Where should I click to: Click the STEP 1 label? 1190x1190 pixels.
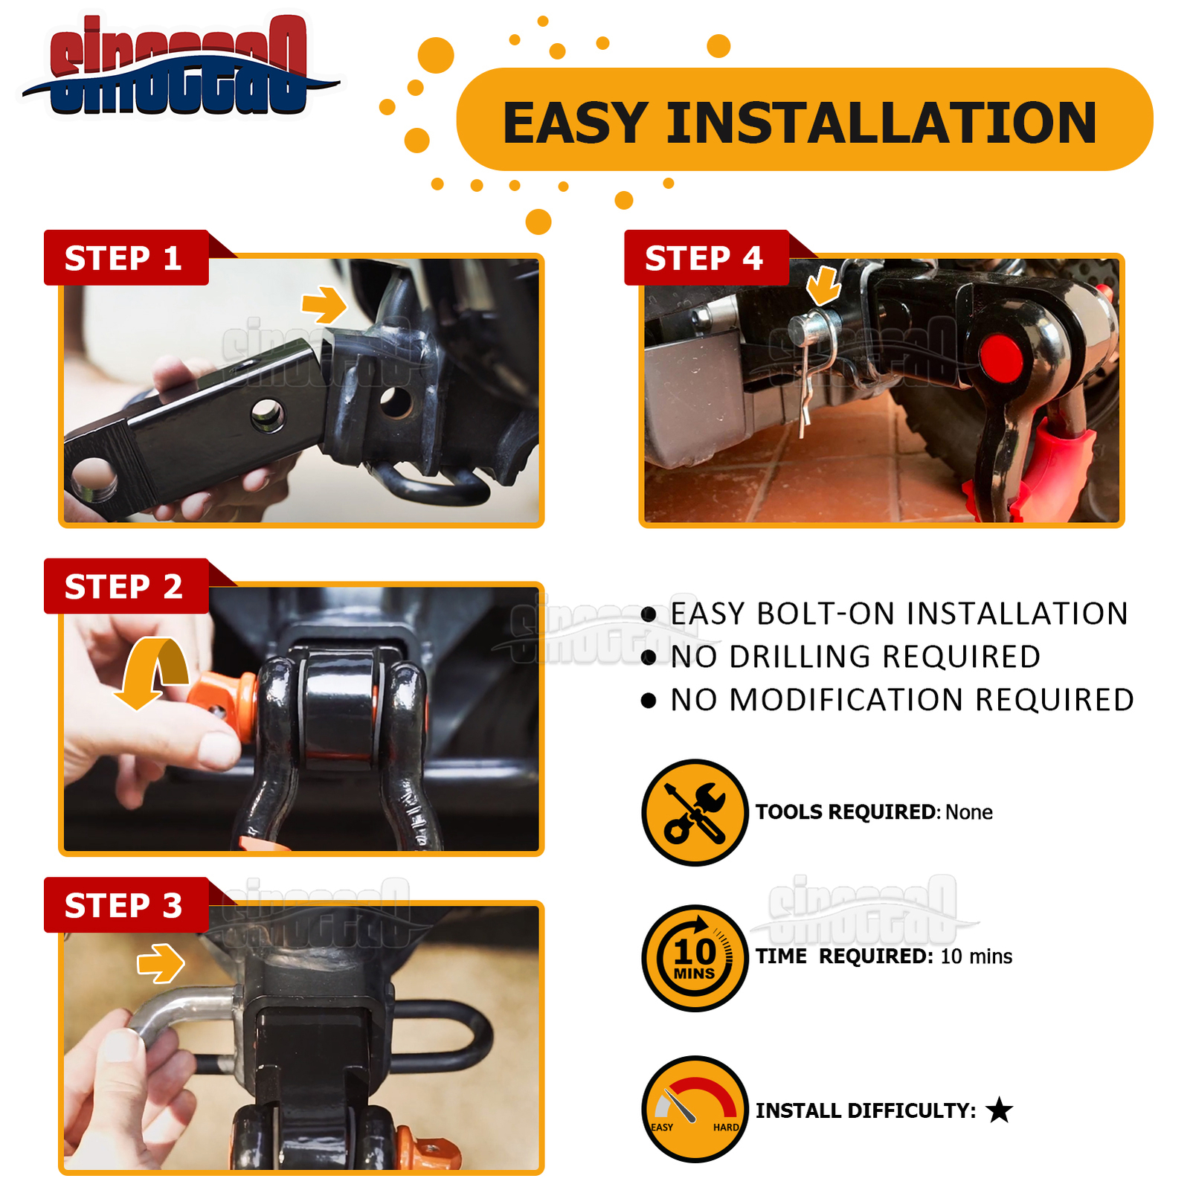click(x=123, y=258)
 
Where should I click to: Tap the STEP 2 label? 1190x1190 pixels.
click(x=123, y=587)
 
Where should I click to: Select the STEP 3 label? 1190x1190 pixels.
click(x=123, y=905)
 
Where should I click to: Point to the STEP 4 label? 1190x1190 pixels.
click(x=704, y=258)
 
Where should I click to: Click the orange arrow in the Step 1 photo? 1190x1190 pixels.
click(x=324, y=304)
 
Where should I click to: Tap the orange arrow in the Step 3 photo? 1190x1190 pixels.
click(x=161, y=963)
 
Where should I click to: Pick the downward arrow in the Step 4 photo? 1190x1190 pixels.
click(x=823, y=286)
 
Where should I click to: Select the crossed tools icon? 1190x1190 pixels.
click(x=695, y=812)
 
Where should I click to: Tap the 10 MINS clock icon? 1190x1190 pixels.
click(x=695, y=958)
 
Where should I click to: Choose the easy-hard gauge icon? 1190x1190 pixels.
click(x=695, y=1109)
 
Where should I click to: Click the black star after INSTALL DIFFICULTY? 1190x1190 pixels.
click(x=999, y=1110)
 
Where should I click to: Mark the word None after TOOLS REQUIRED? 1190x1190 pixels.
click(x=968, y=812)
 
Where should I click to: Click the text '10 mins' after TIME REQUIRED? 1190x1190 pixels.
click(x=976, y=956)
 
